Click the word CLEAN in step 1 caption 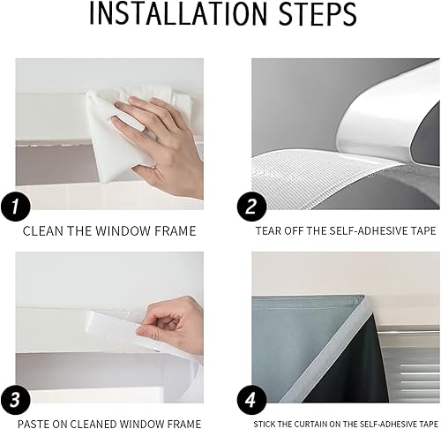click(x=42, y=231)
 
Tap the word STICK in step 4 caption click(x=265, y=424)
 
